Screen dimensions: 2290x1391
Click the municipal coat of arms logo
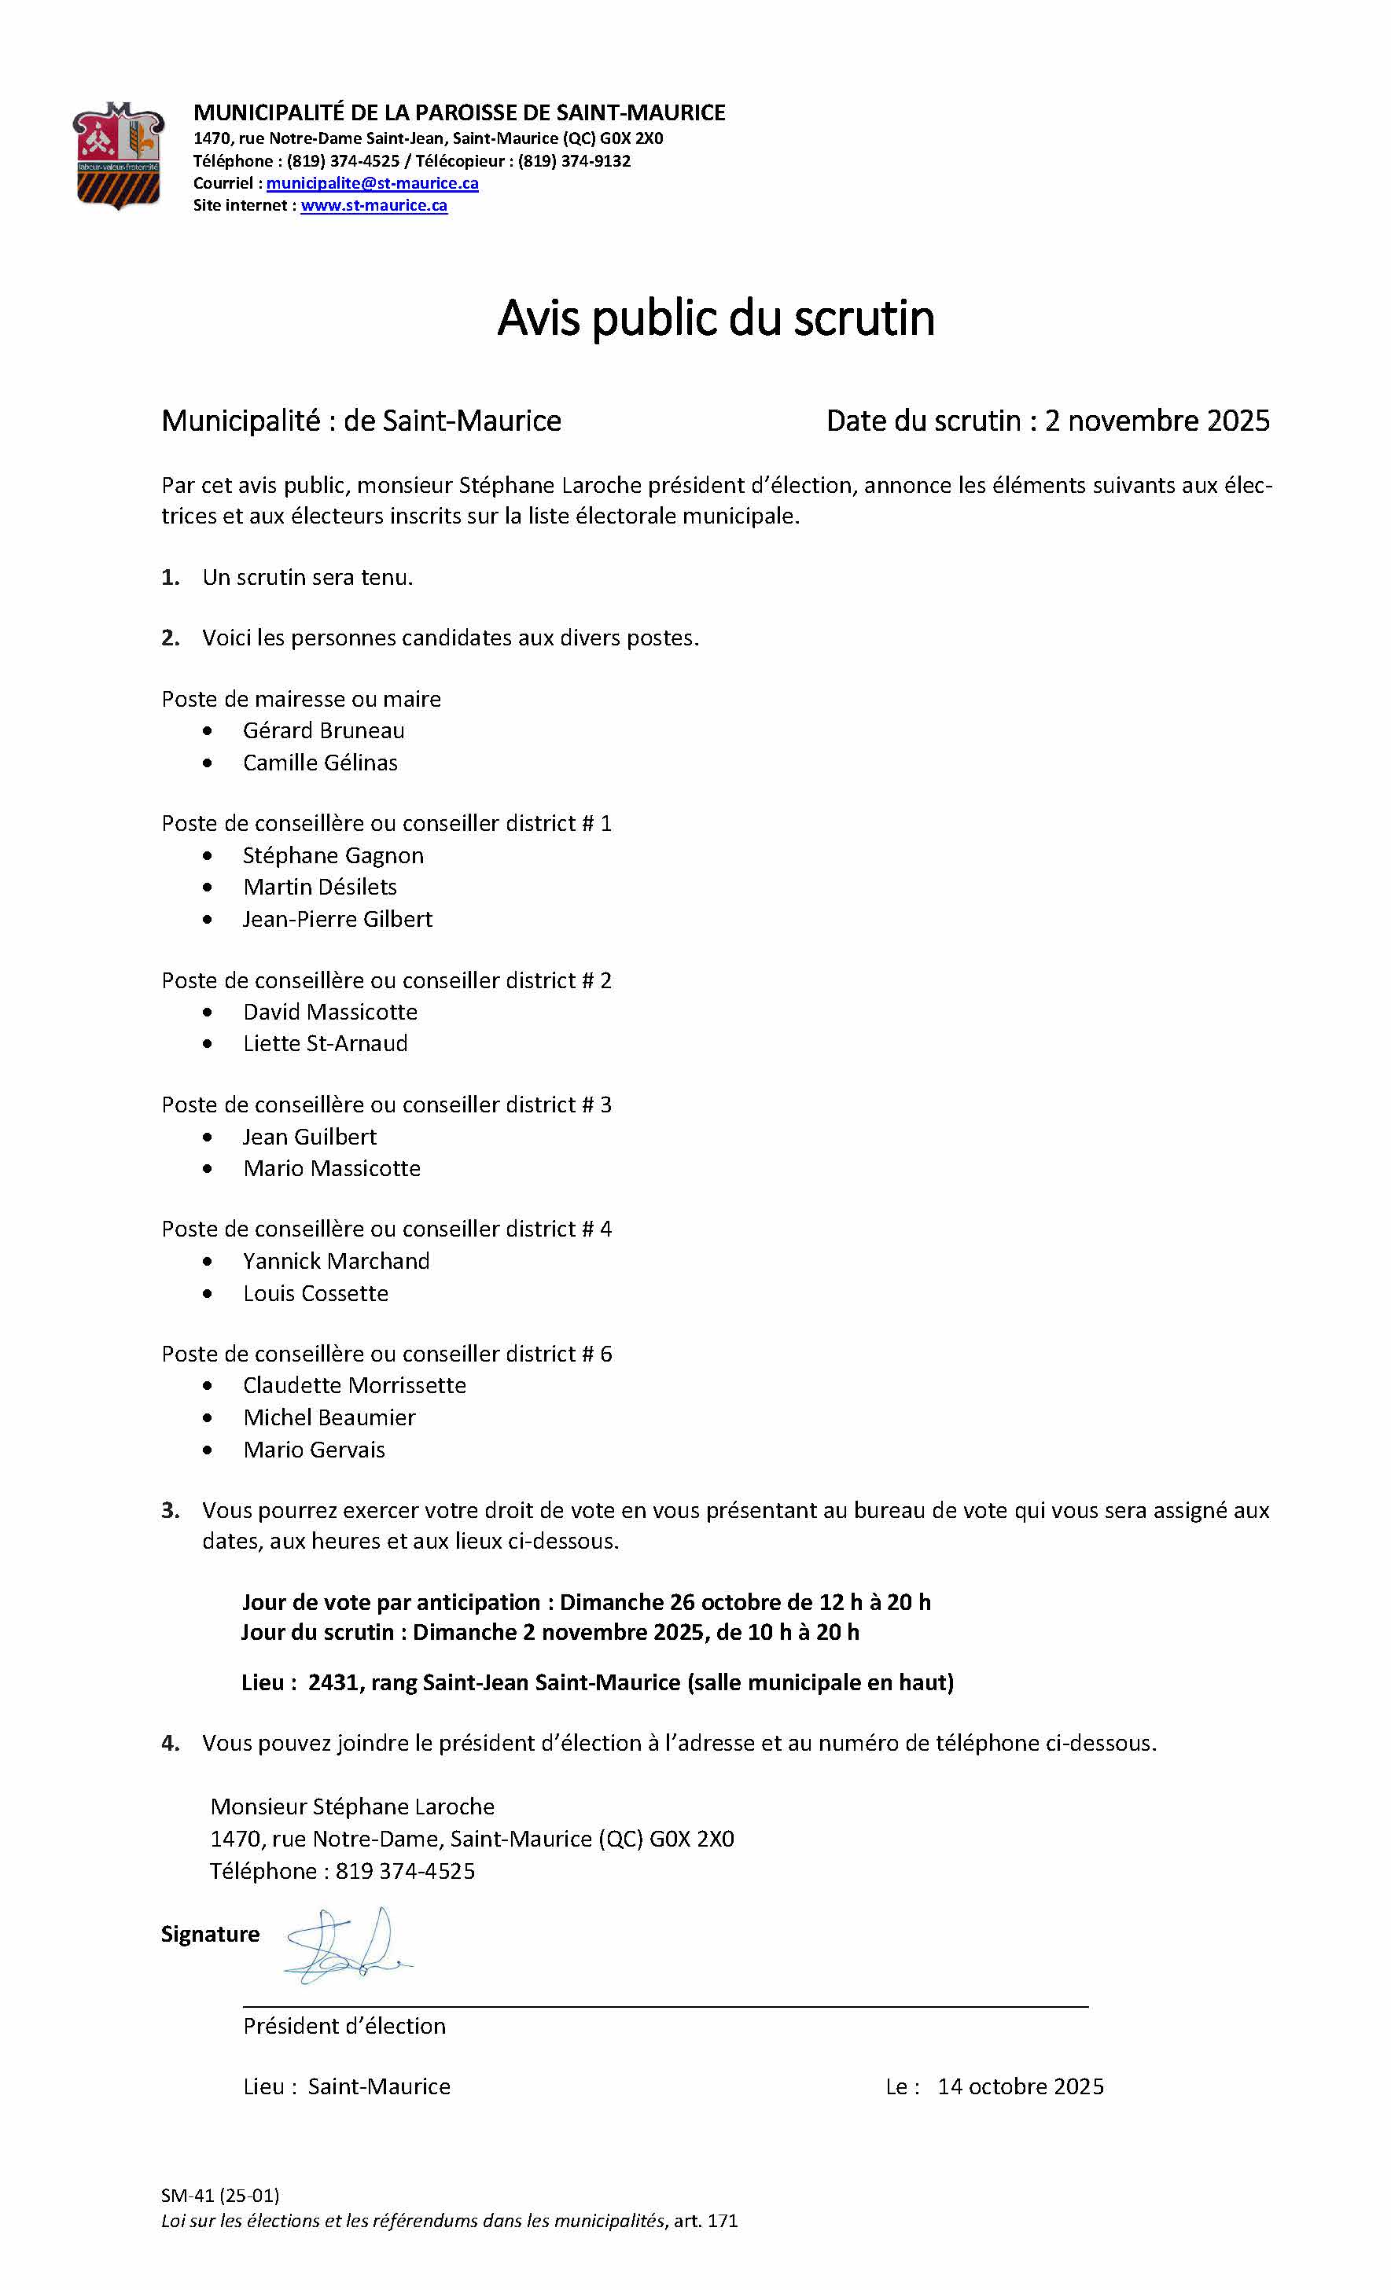[118, 155]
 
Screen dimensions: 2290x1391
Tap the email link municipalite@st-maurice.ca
[372, 183]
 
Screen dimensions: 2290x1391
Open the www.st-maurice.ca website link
[374, 205]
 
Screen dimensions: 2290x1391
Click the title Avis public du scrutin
[715, 318]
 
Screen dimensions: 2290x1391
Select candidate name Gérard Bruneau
[324, 730]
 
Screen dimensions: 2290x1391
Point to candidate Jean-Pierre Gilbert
[337, 918]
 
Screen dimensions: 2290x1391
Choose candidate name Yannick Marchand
[337, 1260]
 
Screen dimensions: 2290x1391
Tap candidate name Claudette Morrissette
[355, 1385]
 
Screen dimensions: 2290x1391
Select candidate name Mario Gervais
[315, 1449]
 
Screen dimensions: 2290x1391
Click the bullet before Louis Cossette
[208, 1294]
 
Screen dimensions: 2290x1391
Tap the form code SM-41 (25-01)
[219, 2195]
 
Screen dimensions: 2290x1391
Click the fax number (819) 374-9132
[574, 161]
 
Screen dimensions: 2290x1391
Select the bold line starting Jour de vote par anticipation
[586, 1601]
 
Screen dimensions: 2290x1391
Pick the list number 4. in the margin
[170, 1743]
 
